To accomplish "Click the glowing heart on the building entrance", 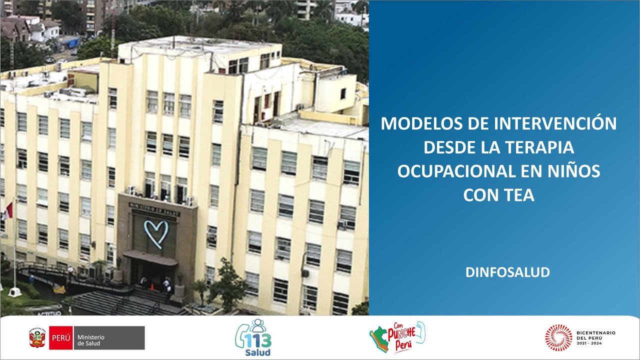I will tap(156, 233).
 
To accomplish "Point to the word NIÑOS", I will tap(572, 171).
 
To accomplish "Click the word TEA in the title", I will tap(519, 195).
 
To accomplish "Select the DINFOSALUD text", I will tap(507, 272).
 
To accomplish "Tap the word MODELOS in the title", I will tap(419, 123).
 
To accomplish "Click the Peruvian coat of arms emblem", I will tap(37, 338).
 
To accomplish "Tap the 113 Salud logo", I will tap(253, 338).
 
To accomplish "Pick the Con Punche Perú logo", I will tap(397, 337).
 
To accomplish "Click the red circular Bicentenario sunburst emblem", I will tap(558, 337).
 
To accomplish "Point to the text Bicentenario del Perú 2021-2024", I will tap(595, 337).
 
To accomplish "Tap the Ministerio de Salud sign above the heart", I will tap(154, 207).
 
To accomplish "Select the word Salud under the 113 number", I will tap(258, 352).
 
